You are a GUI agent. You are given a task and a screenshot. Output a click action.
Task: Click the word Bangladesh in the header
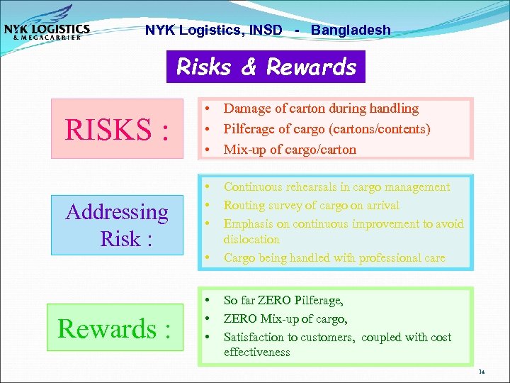coord(351,30)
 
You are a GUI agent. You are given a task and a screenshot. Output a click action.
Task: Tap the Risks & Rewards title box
coord(266,67)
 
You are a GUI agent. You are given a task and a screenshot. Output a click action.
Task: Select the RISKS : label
coord(117,129)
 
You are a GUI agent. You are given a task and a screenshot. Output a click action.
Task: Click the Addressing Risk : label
coord(117,225)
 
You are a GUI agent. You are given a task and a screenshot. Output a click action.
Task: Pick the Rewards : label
coord(114,328)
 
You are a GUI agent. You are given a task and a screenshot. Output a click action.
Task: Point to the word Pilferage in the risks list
coord(250,129)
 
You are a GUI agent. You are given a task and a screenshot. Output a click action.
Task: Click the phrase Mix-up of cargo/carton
coord(290,150)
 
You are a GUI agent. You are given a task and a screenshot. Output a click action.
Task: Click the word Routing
coord(244,206)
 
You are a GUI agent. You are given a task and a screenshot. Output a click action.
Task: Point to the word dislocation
coord(251,240)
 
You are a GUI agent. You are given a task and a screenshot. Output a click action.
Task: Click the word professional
coord(382,258)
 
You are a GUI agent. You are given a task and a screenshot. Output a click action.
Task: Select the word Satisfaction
coord(254,338)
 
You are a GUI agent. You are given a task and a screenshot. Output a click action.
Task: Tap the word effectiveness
coord(257,353)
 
